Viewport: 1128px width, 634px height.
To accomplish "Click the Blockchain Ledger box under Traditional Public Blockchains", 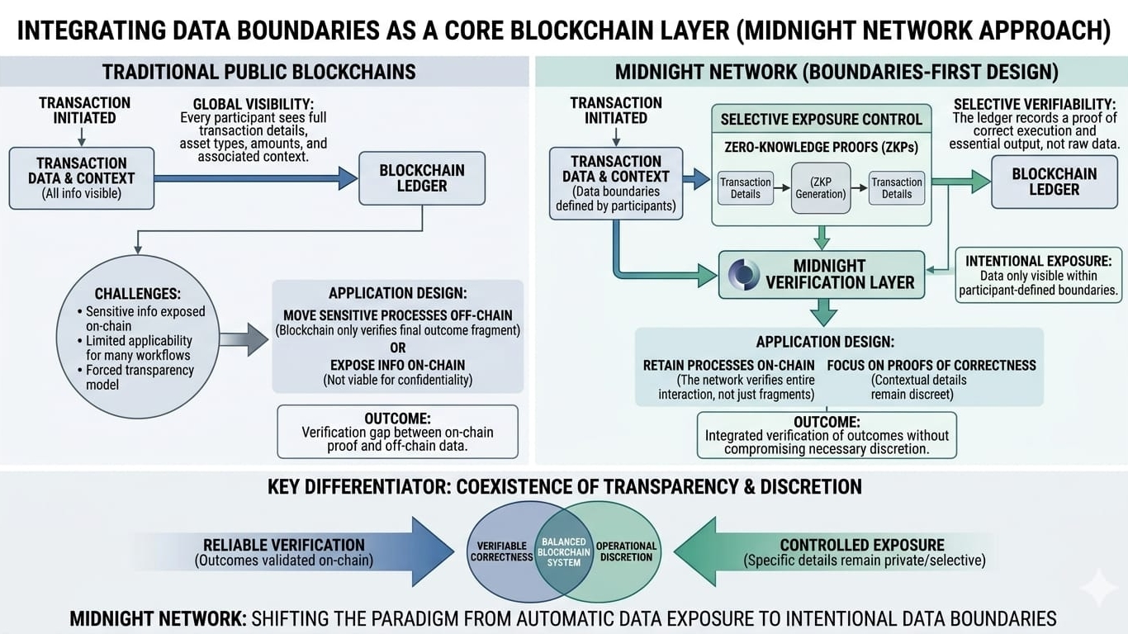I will point(422,178).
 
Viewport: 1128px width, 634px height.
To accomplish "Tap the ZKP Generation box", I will point(820,187).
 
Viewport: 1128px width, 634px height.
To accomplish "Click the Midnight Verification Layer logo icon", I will point(743,274).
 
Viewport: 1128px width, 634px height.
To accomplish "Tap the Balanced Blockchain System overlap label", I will point(564,553).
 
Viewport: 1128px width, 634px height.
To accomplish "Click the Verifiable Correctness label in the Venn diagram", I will point(501,551).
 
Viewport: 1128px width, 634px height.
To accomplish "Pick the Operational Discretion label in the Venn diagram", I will point(626,551).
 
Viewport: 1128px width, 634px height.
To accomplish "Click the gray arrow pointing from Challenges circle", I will point(244,339).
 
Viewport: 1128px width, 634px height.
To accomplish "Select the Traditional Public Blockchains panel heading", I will point(259,72).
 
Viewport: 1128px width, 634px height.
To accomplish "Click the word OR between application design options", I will point(397,348).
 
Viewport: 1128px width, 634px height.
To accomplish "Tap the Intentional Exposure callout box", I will point(1038,276).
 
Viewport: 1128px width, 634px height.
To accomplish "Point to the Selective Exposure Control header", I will point(821,120).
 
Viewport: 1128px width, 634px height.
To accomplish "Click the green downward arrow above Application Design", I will point(823,312).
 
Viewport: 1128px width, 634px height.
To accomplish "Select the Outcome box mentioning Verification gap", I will point(397,432).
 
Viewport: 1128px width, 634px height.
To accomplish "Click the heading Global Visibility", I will point(253,104).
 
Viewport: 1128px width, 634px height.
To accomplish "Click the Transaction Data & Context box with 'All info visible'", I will point(81,178).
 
